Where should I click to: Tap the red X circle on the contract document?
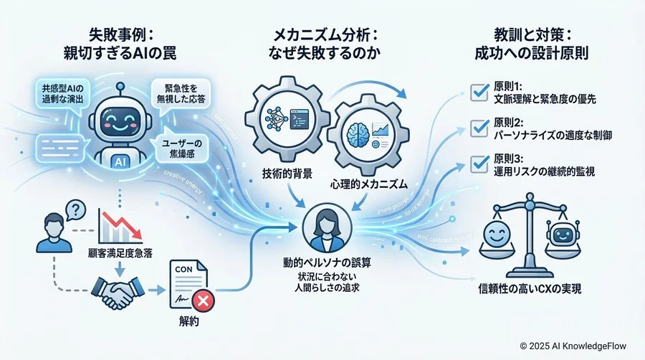pyautogui.click(x=204, y=298)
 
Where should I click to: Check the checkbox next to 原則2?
pyautogui.click(x=477, y=128)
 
